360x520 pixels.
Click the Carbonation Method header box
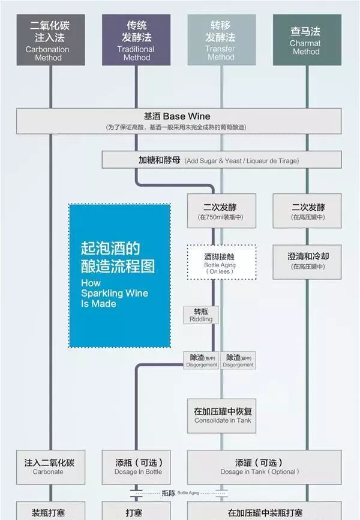(x=51, y=40)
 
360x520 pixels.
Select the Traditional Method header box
(x=136, y=40)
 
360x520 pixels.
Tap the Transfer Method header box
(x=221, y=40)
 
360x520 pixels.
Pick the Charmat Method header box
(x=307, y=40)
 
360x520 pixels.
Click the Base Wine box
(x=179, y=120)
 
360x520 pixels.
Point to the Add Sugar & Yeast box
(x=221, y=160)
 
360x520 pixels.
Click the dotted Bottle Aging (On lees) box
(x=221, y=262)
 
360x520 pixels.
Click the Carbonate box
(x=50, y=467)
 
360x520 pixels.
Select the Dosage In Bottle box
(x=138, y=467)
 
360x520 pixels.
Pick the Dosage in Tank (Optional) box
(x=264, y=467)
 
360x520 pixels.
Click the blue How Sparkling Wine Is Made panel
(x=119, y=276)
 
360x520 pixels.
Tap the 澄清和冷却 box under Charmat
(x=307, y=261)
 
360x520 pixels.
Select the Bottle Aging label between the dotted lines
(x=188, y=493)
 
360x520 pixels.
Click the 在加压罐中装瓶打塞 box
(x=265, y=512)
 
